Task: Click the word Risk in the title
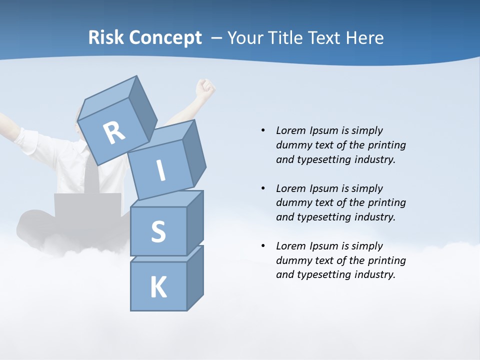(106, 38)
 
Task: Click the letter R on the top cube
(114, 133)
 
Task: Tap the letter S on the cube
(158, 231)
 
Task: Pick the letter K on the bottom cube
(158, 287)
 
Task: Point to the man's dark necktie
(91, 175)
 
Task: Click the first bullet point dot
(263, 130)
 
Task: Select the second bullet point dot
(263, 188)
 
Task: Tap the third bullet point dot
(263, 246)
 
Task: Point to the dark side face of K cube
(195, 277)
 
